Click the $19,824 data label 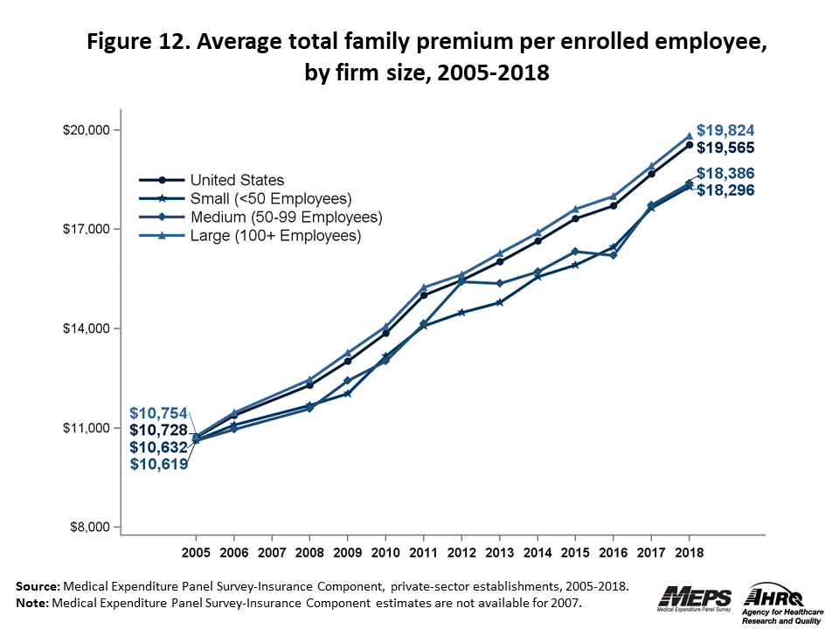[725, 130]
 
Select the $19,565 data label [725, 148]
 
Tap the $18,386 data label [725, 173]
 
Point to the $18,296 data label [725, 190]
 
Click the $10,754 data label [158, 412]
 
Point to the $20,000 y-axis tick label [86, 130]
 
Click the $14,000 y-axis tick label [86, 328]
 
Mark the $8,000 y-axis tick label [89, 528]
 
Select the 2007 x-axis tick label [272, 554]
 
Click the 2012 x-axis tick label [461, 554]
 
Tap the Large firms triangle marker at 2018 [689, 136]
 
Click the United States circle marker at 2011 [424, 294]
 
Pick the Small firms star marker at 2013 [499, 302]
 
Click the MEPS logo [696, 598]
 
